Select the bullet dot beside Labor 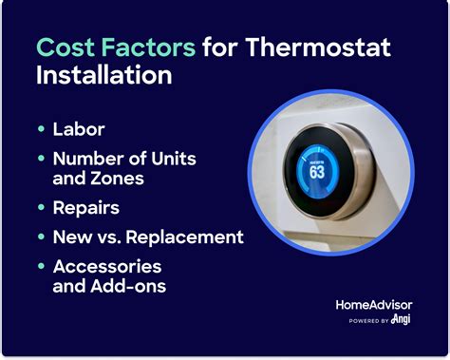tap(41, 128)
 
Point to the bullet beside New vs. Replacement tap(41, 237)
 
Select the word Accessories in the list tap(108, 266)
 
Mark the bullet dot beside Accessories tap(41, 267)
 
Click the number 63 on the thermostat tap(318, 174)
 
